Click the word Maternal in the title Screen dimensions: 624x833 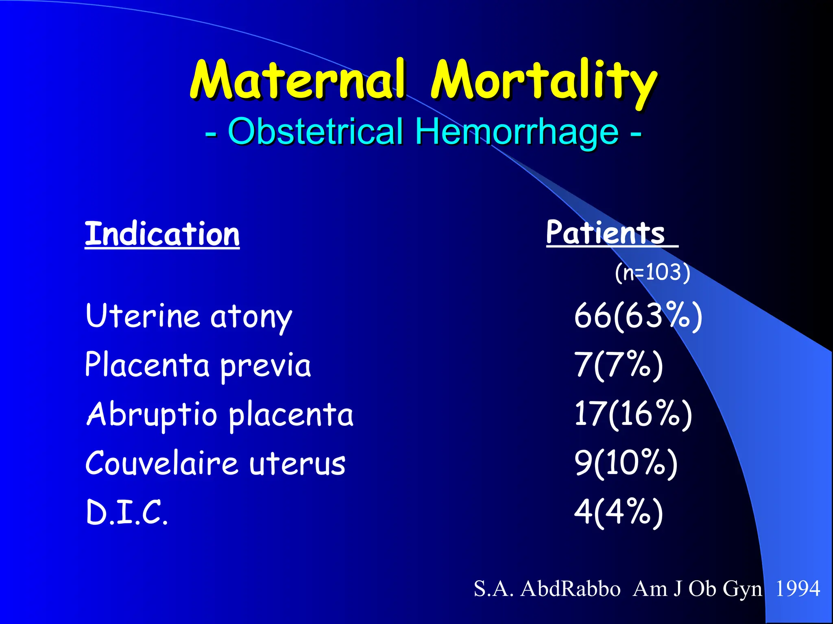(x=298, y=80)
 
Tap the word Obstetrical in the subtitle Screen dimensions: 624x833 (x=315, y=131)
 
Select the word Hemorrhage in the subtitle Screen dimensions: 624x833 (x=517, y=131)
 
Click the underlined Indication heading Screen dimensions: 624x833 (x=162, y=234)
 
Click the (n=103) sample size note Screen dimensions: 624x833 (x=652, y=272)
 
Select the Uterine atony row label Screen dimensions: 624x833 (x=189, y=316)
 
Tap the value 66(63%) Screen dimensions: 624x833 (x=638, y=316)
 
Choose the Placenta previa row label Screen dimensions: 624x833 (x=198, y=365)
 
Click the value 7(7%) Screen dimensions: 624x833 (x=618, y=365)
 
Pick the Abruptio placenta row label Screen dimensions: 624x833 (x=220, y=414)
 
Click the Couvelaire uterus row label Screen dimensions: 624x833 (x=215, y=463)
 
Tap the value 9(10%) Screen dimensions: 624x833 (x=626, y=463)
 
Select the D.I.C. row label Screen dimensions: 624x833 (x=126, y=513)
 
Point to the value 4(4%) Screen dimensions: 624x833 (x=618, y=513)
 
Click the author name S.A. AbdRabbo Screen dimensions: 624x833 (x=547, y=589)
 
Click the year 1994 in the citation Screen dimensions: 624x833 (x=797, y=589)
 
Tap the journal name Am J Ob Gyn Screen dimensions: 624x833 (x=697, y=589)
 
